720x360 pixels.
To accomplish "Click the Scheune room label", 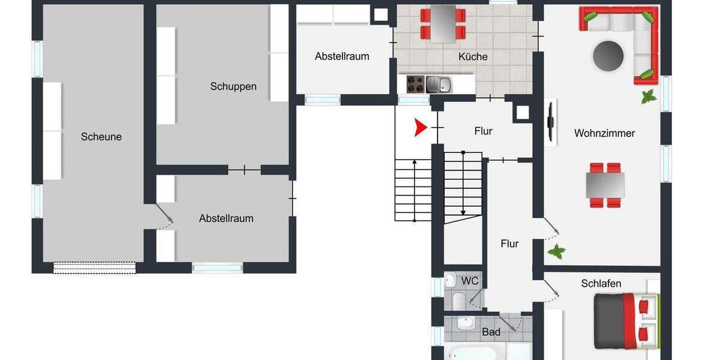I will (101, 137).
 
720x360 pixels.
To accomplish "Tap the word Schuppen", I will (233, 86).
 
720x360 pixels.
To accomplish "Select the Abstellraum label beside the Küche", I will (342, 56).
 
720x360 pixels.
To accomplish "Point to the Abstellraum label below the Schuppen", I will (226, 218).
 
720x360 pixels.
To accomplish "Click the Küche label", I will (473, 57).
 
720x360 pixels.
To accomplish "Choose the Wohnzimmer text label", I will (604, 133).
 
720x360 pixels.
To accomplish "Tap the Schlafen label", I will (601, 283).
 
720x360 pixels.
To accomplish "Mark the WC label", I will (470, 280).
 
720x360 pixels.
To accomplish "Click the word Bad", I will (491, 332).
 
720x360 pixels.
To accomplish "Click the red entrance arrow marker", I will (420, 127).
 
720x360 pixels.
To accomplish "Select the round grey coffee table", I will (608, 56).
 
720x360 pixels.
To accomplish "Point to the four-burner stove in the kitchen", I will (415, 83).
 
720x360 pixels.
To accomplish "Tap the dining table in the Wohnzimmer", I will (605, 185).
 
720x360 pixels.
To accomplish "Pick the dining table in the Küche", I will (443, 23).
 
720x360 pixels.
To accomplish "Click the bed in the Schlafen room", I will (624, 321).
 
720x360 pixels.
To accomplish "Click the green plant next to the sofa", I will (649, 96).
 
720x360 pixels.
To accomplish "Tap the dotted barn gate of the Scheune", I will (95, 268).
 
